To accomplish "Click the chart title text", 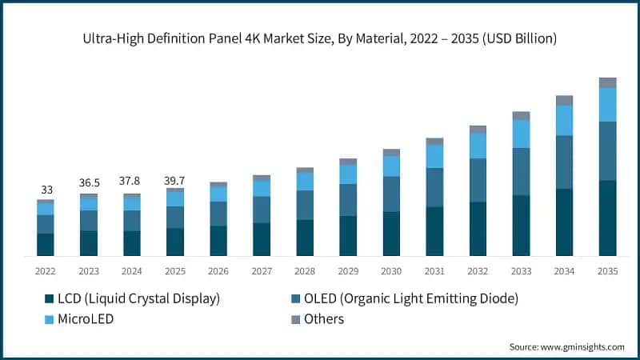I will pos(320,38).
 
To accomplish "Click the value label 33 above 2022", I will pos(47,190).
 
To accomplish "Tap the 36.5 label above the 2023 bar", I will pos(89,182).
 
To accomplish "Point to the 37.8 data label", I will pos(132,181).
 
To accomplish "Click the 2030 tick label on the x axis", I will pos(391,271).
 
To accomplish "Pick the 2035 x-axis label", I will pos(607,271).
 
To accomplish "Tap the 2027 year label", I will pos(262,271).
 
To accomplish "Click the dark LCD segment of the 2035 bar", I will pos(607,218).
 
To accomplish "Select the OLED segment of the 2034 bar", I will pos(564,162).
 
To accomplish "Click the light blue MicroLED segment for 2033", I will pos(521,134).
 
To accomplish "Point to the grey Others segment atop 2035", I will pos(607,82).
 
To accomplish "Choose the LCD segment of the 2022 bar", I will pos(46,244).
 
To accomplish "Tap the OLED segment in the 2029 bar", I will pos(348,200).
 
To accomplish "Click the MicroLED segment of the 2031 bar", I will pos(434,156).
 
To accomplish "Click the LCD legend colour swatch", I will pos(49,299).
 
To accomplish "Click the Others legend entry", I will pos(323,319).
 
